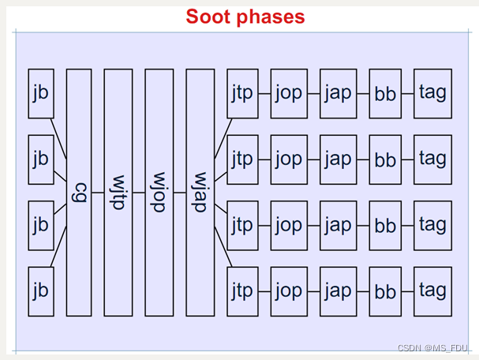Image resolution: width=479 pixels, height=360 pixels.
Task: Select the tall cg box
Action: pyautogui.click(x=79, y=193)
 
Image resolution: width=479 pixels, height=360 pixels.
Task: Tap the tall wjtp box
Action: pyautogui.click(x=118, y=193)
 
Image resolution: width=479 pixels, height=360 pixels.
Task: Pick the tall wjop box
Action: pyautogui.click(x=159, y=193)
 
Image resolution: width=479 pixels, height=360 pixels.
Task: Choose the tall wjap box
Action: pyautogui.click(x=200, y=193)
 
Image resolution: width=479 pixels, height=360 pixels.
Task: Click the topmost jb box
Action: pyautogui.click(x=40, y=93)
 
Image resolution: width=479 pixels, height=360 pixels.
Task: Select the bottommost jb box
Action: pyautogui.click(x=40, y=291)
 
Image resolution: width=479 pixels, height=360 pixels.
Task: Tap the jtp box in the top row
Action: pyautogui.click(x=242, y=93)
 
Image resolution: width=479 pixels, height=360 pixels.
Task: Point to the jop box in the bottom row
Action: pyautogui.click(x=289, y=291)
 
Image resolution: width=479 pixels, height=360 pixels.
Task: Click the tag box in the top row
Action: pyautogui.click(x=432, y=93)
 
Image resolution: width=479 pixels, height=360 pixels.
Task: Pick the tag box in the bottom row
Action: pyautogui.click(x=432, y=291)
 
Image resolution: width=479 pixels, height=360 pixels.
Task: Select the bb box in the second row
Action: pyautogui.click(x=386, y=159)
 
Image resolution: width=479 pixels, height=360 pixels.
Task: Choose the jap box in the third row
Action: pyautogui.click(x=338, y=225)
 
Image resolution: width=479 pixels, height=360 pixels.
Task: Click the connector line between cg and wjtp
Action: pyautogui.click(x=98, y=192)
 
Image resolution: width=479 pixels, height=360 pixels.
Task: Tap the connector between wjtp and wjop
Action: pyautogui.click(x=139, y=192)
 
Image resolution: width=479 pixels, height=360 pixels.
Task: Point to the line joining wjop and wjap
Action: pyautogui.click(x=180, y=192)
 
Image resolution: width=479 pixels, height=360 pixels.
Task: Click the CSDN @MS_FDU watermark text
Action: pyautogui.click(x=432, y=348)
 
